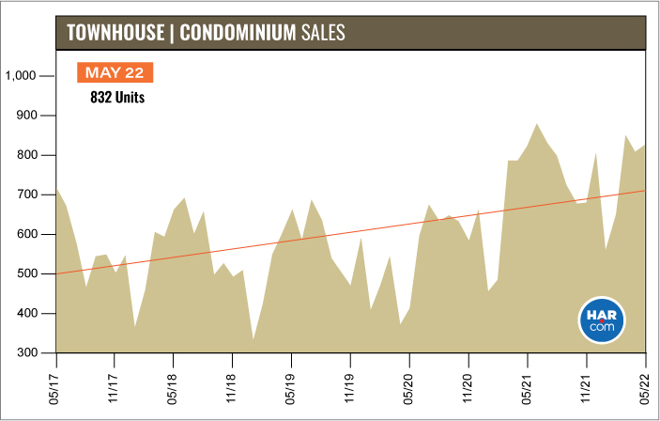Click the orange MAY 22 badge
click(114, 73)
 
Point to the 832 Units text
click(116, 96)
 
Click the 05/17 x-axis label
click(57, 384)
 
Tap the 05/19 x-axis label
click(292, 384)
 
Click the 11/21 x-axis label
click(587, 384)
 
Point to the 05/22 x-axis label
click(646, 384)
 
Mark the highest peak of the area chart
click(537, 123)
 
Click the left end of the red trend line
click(58, 273)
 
